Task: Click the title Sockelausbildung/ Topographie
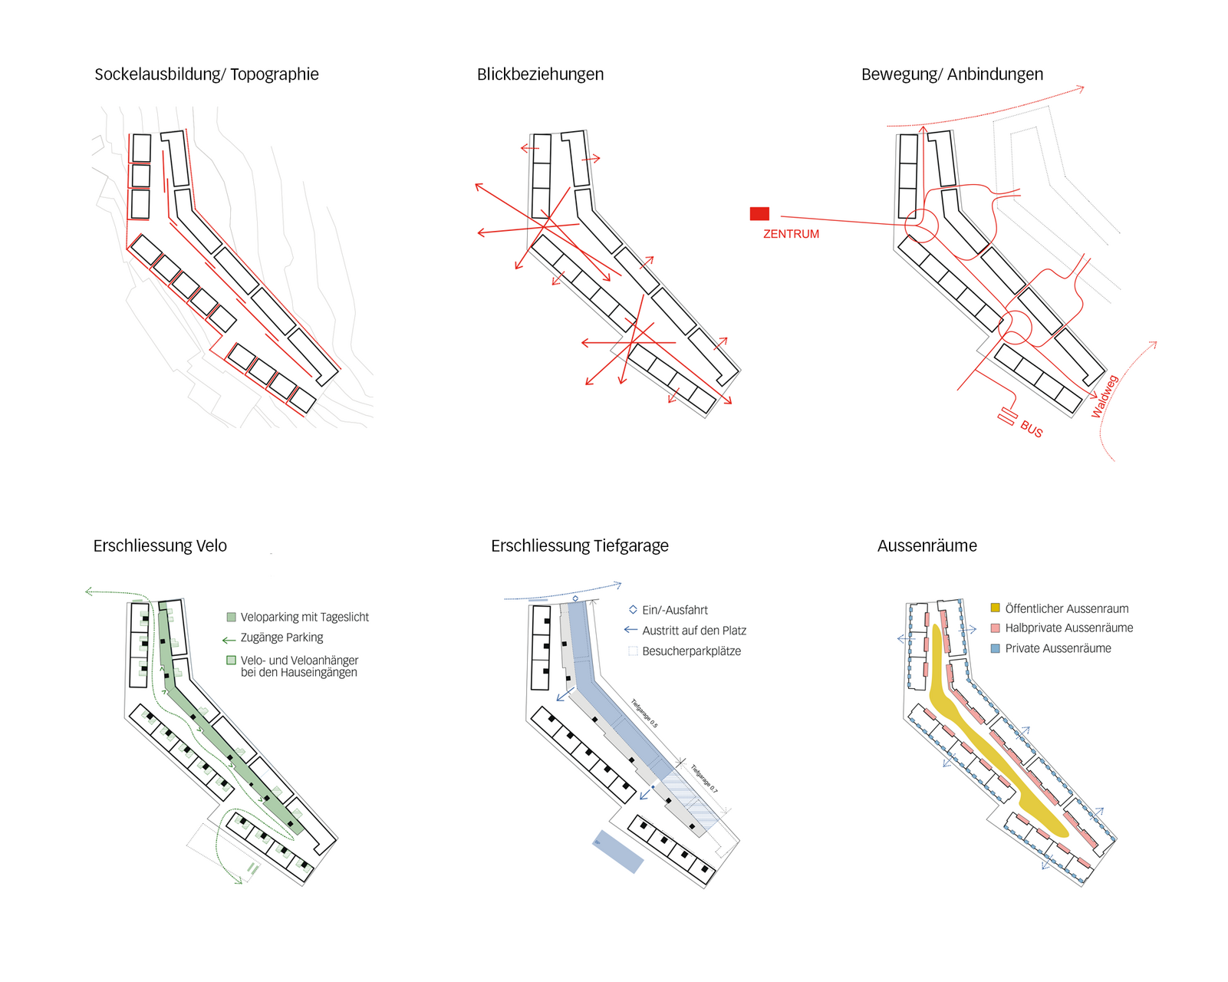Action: click(206, 74)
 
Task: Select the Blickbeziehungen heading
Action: click(540, 74)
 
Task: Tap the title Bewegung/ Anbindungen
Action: click(952, 74)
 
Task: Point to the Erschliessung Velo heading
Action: click(160, 545)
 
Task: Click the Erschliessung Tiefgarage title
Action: click(579, 545)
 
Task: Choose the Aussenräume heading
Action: click(927, 545)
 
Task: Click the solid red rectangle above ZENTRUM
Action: click(759, 214)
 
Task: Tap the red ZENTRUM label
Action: click(791, 234)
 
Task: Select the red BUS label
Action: click(1032, 430)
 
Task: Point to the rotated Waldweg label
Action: click(1105, 396)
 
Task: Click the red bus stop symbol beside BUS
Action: click(1007, 417)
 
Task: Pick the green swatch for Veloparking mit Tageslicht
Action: click(231, 617)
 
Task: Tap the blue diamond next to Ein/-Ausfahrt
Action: click(633, 610)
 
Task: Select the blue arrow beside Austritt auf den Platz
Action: click(630, 630)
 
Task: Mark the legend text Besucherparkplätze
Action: click(691, 651)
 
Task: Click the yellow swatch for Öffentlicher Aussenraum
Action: click(995, 608)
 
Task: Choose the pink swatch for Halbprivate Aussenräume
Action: click(995, 628)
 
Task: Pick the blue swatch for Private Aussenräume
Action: click(995, 648)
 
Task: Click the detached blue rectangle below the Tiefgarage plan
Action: click(618, 851)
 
